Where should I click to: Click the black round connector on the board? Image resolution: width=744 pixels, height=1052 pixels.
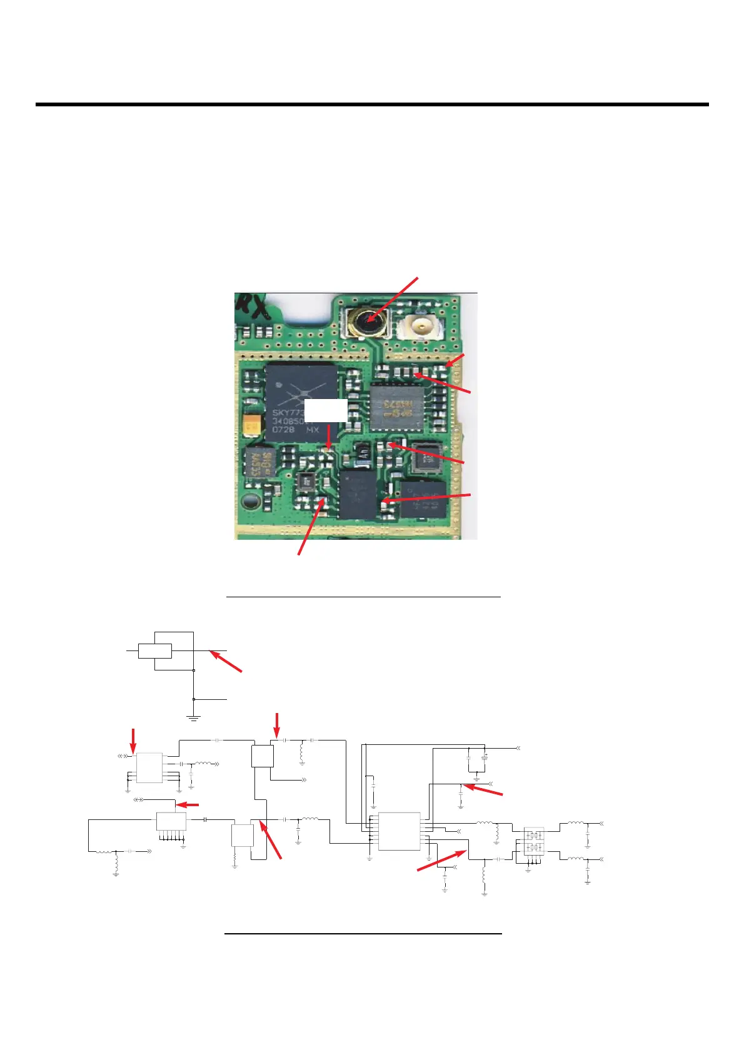(366, 322)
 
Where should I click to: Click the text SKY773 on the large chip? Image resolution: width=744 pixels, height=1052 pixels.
(288, 413)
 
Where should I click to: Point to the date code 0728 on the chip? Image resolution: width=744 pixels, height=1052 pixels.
(283, 430)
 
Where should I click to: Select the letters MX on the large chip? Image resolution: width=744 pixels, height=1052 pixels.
(313, 430)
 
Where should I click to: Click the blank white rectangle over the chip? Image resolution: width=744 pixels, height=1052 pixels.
(326, 411)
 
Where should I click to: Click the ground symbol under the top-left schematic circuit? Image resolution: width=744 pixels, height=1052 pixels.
(194, 717)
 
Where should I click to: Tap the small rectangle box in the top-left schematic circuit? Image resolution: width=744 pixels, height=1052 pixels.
(155, 650)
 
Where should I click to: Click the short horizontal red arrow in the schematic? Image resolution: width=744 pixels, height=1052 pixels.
(188, 805)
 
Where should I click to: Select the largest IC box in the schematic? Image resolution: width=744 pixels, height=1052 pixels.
(399, 831)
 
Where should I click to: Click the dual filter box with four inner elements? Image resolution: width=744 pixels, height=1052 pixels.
(534, 842)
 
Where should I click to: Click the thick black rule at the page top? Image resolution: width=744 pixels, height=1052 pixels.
(372, 104)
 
